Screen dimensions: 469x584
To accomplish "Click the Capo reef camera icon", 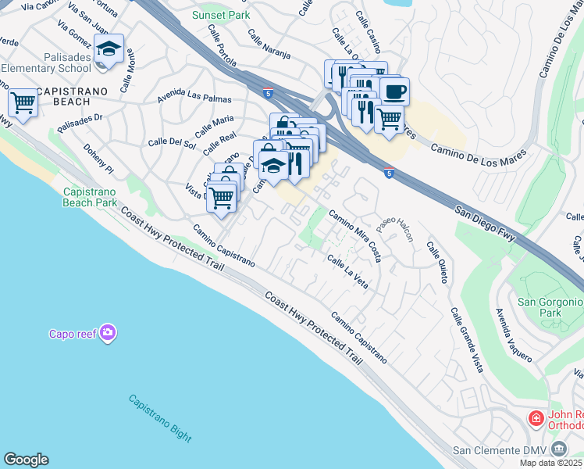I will pos(108,334).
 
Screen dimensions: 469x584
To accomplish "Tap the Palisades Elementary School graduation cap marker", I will pos(109,49).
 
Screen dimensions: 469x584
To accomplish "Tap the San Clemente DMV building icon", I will pos(558,449).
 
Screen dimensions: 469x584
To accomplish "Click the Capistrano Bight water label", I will pos(160,418).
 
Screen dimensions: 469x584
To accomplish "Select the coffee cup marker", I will pos(394,91).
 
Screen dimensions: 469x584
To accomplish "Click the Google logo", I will pos(26,460).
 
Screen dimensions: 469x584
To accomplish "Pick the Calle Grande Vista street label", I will pos(465,339).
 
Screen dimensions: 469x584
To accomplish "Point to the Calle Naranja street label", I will pos(269,45).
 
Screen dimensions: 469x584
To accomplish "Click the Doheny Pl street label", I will pos(98,159).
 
